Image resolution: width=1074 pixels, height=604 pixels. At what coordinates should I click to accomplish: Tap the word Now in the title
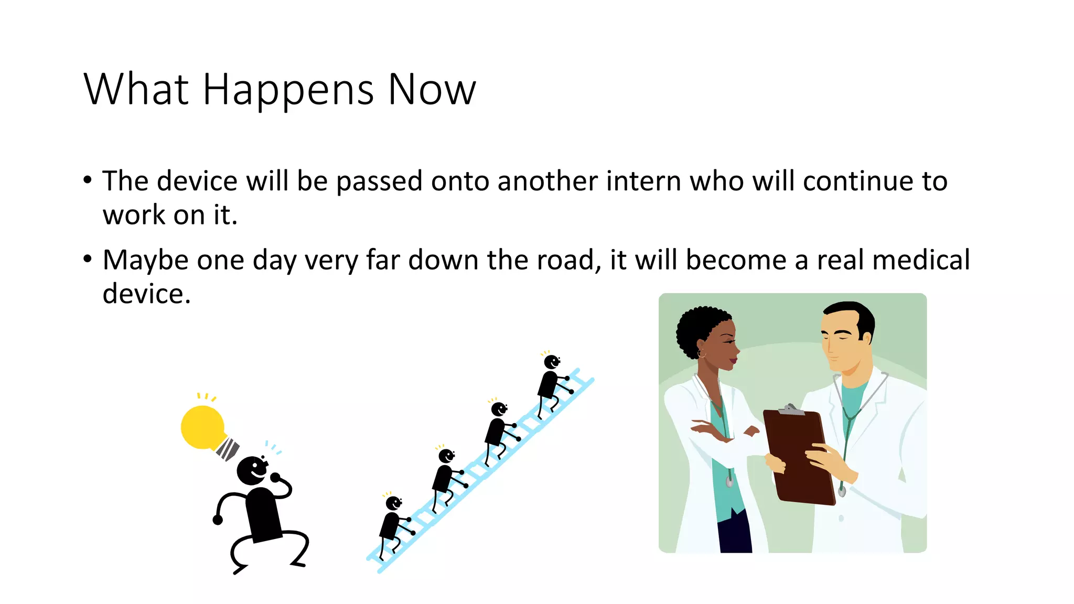click(x=432, y=89)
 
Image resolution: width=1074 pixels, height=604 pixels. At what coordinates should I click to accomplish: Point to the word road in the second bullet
click(x=568, y=260)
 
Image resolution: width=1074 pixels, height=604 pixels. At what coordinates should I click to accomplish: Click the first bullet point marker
click(x=88, y=180)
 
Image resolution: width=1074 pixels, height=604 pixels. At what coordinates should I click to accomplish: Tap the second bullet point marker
click(x=88, y=259)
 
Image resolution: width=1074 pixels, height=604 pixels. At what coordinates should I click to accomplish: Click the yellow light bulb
click(x=203, y=427)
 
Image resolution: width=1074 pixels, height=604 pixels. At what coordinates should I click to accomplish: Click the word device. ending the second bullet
click(x=146, y=294)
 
